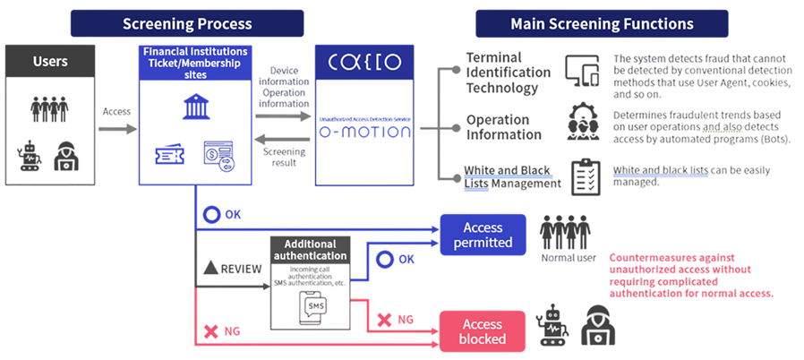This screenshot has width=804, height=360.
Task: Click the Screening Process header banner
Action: (187, 22)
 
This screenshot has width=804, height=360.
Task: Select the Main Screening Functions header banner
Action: (601, 22)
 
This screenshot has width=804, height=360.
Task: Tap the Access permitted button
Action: (483, 235)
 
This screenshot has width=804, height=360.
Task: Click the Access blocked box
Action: (483, 331)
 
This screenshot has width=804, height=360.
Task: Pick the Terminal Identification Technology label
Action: (507, 73)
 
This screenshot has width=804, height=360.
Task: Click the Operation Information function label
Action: (503, 127)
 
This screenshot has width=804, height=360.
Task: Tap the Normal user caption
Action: (569, 258)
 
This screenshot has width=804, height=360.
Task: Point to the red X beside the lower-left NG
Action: (211, 331)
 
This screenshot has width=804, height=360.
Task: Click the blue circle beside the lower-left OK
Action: (212, 215)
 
